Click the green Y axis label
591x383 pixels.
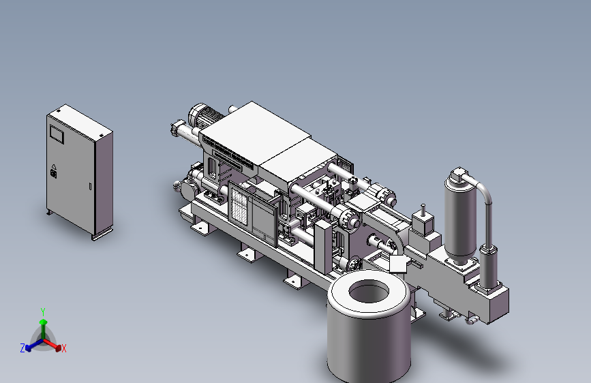pos(42,311)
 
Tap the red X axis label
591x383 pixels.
pos(63,348)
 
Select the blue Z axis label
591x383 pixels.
pos(22,348)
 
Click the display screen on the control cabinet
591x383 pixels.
pos(57,134)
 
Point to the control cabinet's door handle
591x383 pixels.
pos(90,186)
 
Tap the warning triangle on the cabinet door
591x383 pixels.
pos(54,166)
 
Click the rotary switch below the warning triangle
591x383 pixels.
pos(54,174)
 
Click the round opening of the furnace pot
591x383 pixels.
pos(369,292)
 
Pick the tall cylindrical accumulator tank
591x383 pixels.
pos(460,221)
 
